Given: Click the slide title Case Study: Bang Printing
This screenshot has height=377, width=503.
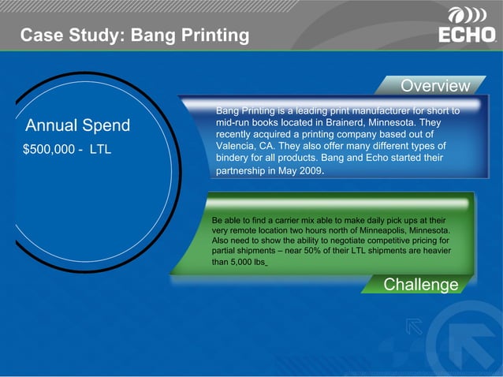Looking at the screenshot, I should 134,35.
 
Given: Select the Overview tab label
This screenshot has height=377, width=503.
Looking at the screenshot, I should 434,85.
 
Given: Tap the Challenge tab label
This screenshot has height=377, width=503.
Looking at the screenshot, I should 420,284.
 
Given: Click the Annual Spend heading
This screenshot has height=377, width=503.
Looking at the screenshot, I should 78,126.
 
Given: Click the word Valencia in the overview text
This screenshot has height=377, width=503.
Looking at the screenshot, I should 235,147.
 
